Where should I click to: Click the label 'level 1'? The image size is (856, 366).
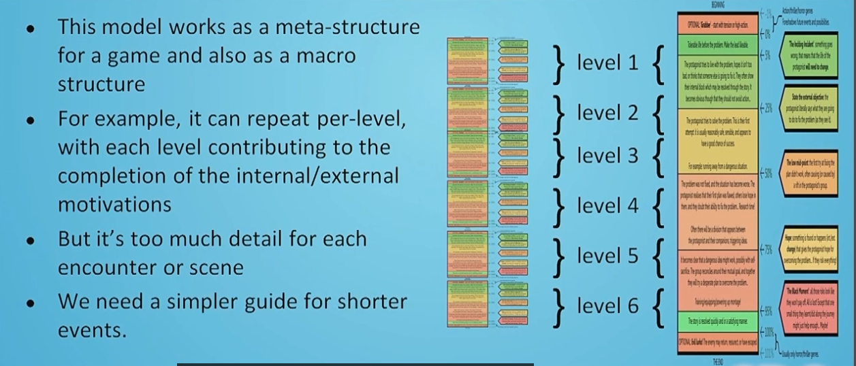pyautogui.click(x=607, y=63)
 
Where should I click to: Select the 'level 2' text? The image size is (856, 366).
pyautogui.click(x=607, y=113)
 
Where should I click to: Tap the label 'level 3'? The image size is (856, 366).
pyautogui.click(x=607, y=156)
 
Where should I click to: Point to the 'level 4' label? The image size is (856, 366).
pyautogui.click(x=607, y=205)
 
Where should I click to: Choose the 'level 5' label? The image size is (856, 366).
pyautogui.click(x=607, y=256)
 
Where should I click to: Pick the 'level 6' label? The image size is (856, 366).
pyautogui.click(x=607, y=305)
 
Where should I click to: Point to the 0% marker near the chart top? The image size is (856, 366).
pyautogui.click(x=766, y=33)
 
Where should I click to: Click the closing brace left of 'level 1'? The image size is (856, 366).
pyautogui.click(x=560, y=63)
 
